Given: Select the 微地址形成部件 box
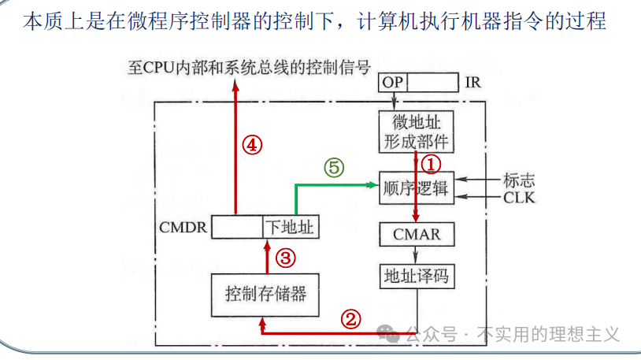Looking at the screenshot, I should (x=416, y=132).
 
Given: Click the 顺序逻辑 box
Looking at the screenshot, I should (x=414, y=188).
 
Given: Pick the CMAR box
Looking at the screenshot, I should (x=417, y=234).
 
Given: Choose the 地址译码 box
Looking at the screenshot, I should (x=417, y=276).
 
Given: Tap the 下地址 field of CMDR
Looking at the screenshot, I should (x=289, y=228).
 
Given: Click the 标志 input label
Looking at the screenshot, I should (x=519, y=180).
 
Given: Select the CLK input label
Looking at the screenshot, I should (x=519, y=197).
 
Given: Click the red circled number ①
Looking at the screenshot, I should (x=432, y=164).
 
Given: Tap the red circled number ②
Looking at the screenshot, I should (x=351, y=318).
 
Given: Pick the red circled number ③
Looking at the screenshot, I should (x=286, y=258).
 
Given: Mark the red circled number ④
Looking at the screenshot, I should (x=251, y=145).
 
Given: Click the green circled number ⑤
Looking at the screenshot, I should (x=334, y=167).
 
